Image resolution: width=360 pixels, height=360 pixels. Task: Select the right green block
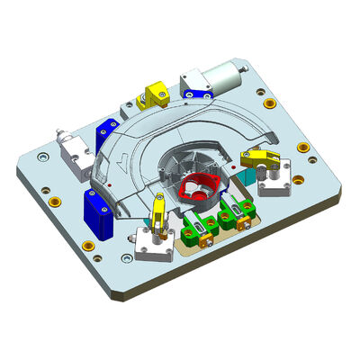pyautogui.click(x=232, y=216)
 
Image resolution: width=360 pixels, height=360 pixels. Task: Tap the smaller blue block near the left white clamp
pyautogui.click(x=108, y=136)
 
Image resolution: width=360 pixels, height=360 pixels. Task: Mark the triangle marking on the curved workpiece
pyautogui.click(x=123, y=165)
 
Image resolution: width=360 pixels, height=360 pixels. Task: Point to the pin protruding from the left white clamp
pyautogui.click(x=60, y=137)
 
